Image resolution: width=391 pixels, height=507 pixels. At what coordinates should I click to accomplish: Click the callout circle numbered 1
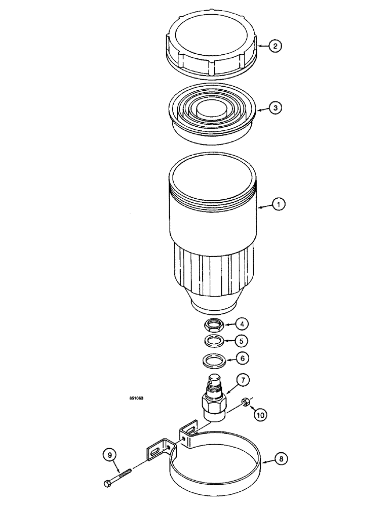[278, 205]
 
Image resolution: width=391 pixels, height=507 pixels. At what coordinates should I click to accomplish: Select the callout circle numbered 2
[275, 46]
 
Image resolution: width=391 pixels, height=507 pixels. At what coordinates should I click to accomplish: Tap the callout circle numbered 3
[275, 108]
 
